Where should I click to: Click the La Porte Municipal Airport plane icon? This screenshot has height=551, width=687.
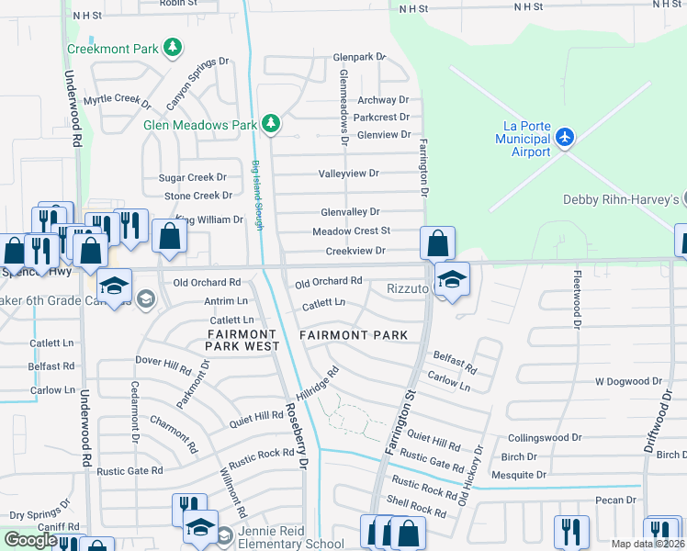564,138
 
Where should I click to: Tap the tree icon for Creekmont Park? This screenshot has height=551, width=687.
171,46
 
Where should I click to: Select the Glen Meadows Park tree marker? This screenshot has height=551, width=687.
270,123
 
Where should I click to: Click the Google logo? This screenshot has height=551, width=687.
29,540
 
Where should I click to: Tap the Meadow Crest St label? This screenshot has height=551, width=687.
351,231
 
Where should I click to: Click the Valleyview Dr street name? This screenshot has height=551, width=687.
348,173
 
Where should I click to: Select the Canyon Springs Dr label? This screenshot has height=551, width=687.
197,82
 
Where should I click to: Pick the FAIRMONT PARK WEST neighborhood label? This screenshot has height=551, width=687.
243,341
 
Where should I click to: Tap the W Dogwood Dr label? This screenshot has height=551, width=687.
628,380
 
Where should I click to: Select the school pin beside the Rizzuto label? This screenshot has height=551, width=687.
451,279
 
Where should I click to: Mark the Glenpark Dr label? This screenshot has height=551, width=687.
359,56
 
